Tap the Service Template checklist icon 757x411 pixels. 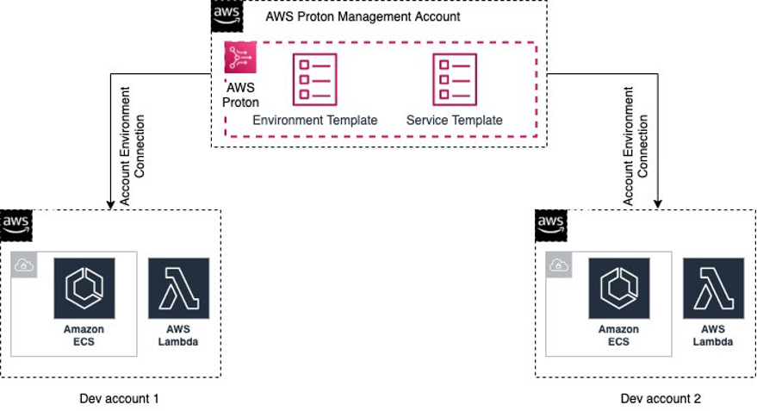454,79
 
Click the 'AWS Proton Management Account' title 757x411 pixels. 363,16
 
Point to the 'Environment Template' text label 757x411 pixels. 315,121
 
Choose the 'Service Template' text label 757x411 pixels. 454,121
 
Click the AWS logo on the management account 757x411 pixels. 226,16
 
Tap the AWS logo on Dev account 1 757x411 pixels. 16,225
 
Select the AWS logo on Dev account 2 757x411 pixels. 550,225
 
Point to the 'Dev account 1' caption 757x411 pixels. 119,398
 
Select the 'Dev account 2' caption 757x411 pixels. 660,398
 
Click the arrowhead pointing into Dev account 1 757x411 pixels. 111,204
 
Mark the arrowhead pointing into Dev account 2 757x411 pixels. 657,204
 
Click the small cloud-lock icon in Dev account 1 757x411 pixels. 23,265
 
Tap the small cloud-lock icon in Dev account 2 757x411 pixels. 559,265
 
